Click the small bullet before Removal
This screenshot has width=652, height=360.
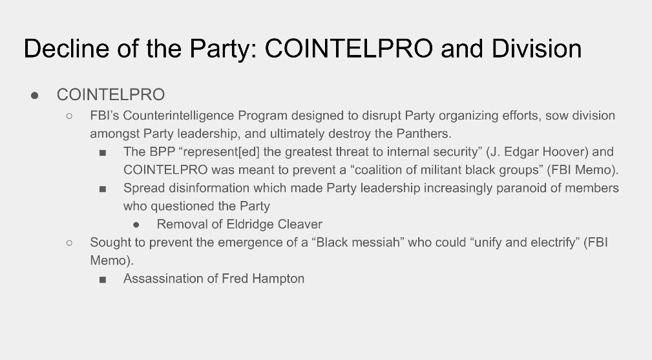click(136, 225)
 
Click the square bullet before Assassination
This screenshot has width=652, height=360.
click(103, 280)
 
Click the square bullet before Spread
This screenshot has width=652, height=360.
click(103, 189)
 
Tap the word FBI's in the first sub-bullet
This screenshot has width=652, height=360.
click(105, 116)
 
